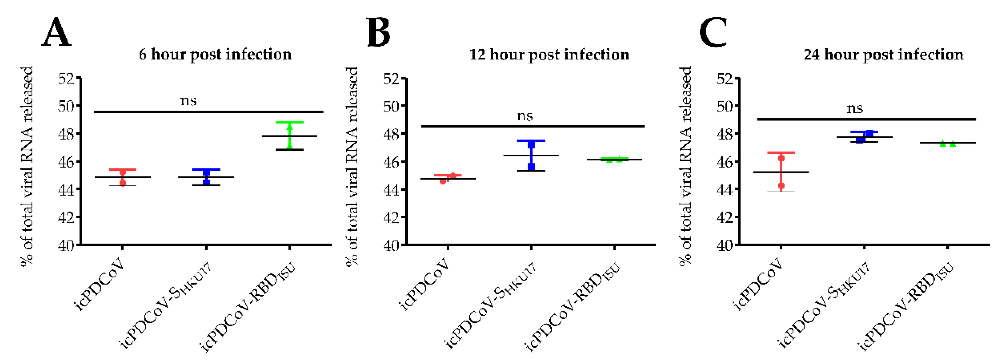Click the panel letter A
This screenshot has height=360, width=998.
56,33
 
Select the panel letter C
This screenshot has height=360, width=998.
713,33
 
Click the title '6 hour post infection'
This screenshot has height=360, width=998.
215,55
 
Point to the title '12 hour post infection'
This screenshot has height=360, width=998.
549,55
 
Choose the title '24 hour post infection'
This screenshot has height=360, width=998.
883,55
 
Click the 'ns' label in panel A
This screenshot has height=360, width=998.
189,101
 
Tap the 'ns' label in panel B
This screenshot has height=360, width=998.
525,116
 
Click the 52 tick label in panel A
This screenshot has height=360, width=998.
66,79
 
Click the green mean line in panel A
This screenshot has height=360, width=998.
289,136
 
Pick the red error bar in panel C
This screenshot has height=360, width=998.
781,172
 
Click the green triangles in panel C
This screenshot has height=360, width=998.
948,144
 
